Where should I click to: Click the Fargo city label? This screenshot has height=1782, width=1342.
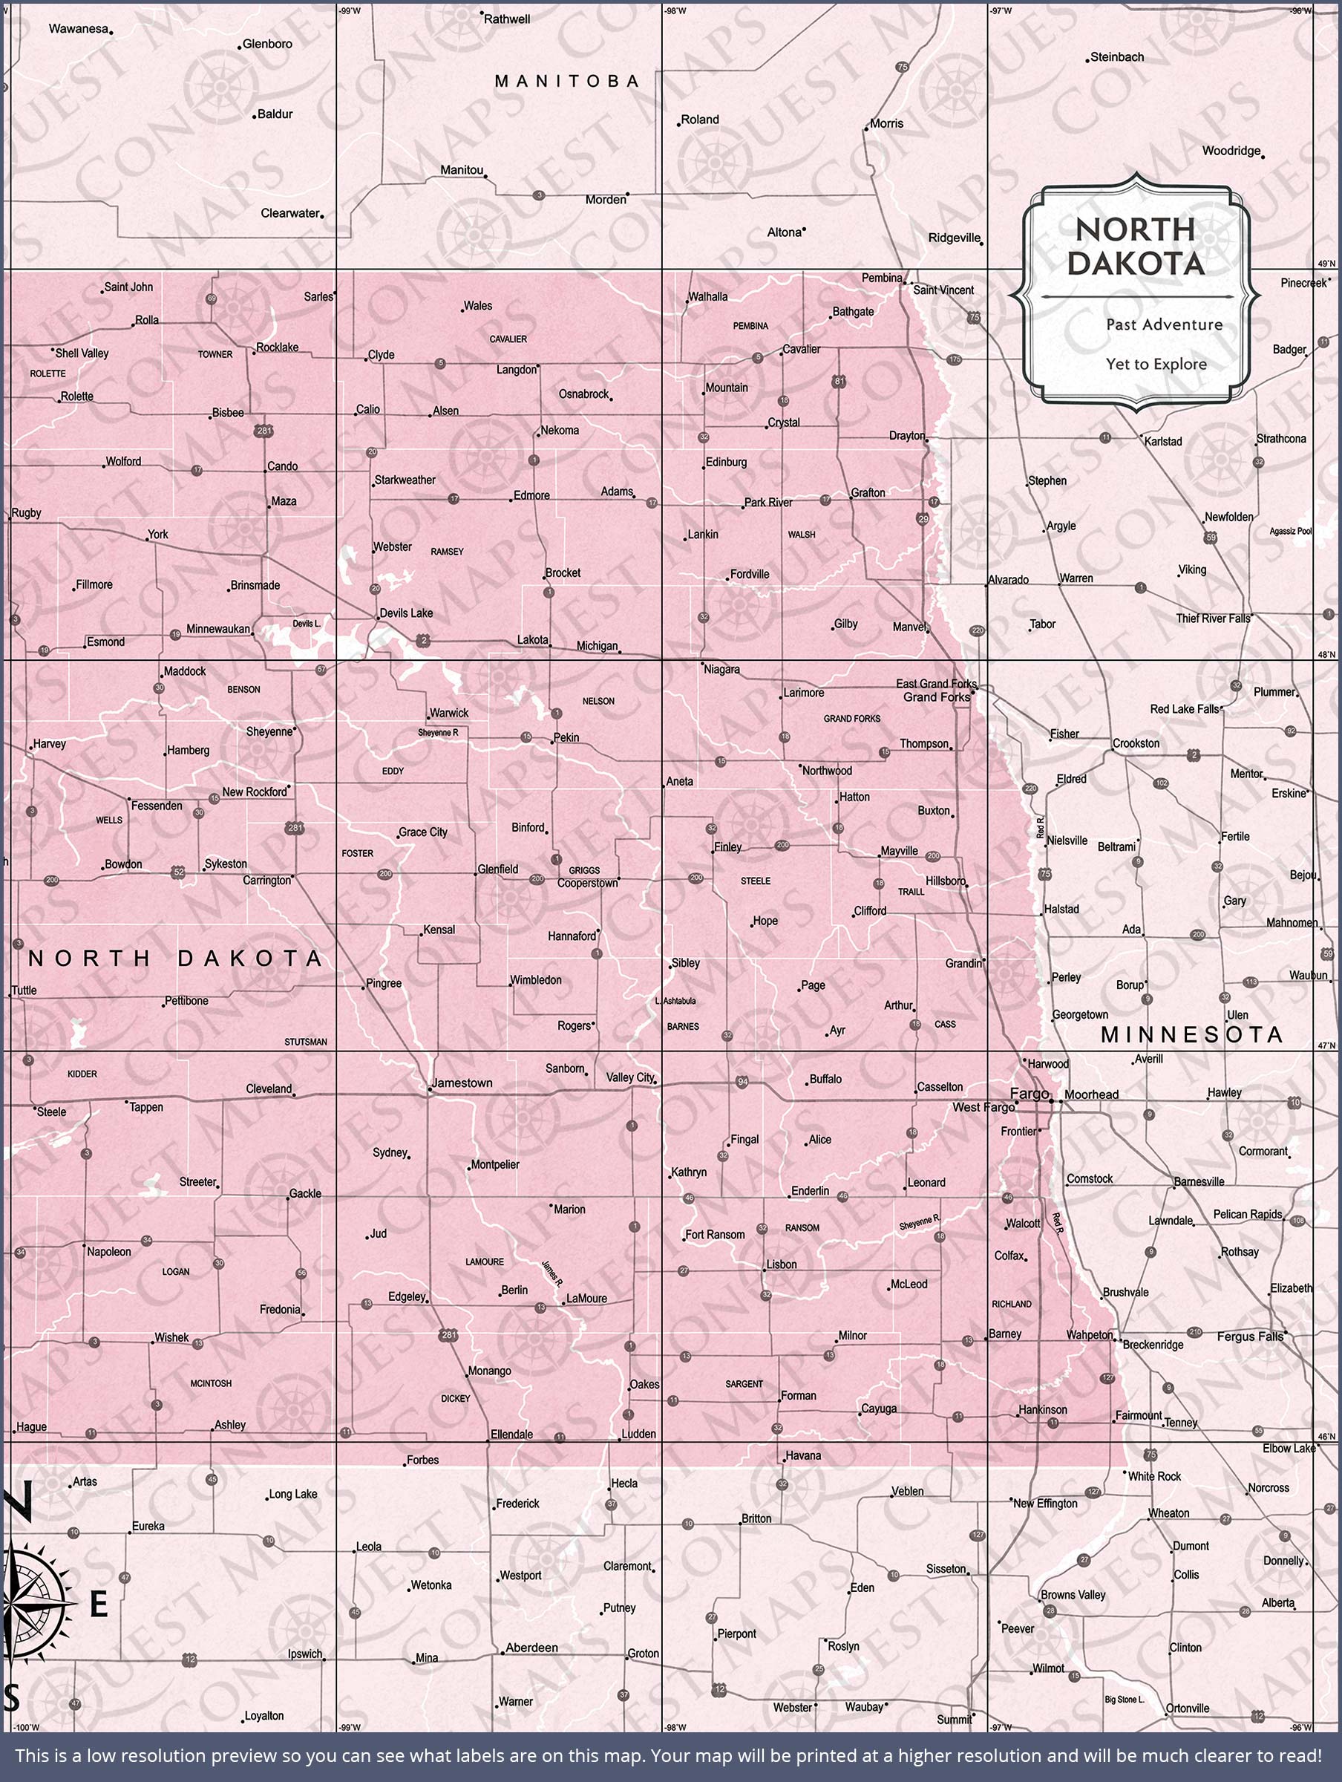[1030, 1093]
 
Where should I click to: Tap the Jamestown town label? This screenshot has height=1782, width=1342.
[462, 1083]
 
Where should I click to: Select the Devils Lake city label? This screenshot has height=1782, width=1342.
[406, 613]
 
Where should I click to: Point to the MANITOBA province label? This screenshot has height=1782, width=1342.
[567, 82]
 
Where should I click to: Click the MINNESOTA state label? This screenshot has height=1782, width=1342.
[1191, 1035]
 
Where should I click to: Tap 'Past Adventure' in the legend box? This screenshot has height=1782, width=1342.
[1164, 324]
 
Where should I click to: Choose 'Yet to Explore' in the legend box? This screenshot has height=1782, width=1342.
[1156, 364]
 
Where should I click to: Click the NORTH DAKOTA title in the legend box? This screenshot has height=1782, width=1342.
[1135, 247]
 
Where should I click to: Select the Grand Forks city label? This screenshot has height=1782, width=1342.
[936, 697]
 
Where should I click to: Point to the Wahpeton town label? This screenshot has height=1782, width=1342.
[1089, 1335]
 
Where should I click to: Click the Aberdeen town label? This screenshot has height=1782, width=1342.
[531, 1648]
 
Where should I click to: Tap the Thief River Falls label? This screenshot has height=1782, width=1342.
[1213, 619]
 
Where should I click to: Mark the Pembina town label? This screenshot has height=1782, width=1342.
[882, 278]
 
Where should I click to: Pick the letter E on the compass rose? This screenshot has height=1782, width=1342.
[98, 1605]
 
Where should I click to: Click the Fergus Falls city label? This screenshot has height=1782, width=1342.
[1250, 1336]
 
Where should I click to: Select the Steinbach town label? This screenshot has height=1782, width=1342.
[1116, 57]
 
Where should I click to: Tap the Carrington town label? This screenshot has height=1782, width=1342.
[266, 881]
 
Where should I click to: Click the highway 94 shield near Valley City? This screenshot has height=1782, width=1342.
[743, 1082]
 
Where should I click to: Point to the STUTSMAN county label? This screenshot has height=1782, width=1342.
[305, 1042]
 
